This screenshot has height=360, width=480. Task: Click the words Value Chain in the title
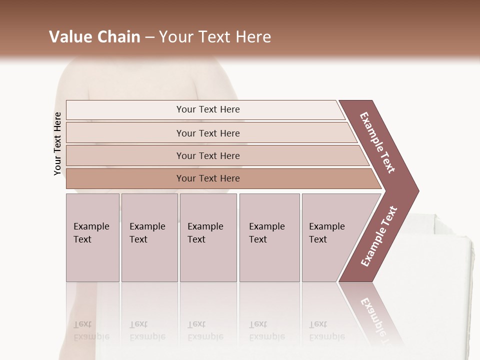94,37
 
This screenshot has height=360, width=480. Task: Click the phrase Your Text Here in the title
215,37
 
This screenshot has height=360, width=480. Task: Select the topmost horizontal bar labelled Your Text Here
207,109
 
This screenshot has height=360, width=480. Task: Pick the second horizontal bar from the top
207,133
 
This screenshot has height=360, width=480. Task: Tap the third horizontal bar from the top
207,155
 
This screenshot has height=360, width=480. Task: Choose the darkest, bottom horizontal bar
207,178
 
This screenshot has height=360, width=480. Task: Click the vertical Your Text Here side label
57,143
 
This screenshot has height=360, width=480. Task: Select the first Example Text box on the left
92,237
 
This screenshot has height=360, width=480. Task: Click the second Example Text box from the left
149,237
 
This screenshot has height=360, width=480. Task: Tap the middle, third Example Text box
207,237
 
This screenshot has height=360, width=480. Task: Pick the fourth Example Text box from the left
269,237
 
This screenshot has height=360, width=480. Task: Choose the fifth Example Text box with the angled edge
330,237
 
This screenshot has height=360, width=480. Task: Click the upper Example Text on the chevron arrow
377,142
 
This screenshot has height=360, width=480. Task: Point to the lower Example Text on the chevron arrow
379,236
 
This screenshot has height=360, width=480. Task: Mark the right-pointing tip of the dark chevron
418,190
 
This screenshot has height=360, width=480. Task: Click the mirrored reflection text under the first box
91,330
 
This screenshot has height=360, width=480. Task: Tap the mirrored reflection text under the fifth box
327,330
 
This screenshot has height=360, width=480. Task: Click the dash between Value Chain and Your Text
149,37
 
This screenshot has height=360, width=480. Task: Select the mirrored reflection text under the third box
205,330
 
